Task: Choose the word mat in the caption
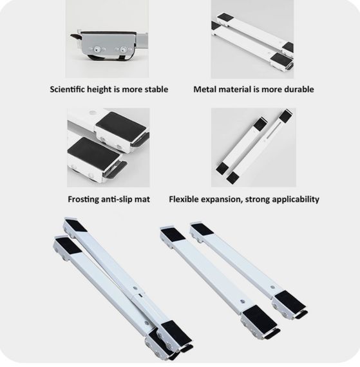142,200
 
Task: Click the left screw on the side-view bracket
97,50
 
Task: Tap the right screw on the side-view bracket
123,50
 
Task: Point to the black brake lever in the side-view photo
75,36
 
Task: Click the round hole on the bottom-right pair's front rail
243,301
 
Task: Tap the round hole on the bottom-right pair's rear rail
272,287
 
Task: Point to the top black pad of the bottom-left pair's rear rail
76,225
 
